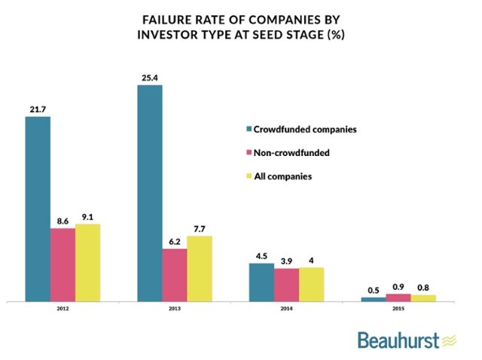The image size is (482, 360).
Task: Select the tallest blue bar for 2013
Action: tap(149, 193)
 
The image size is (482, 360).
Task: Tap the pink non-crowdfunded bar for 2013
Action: tap(174, 275)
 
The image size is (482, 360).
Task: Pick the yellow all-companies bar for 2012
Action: tap(87, 262)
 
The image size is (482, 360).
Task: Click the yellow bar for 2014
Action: tap(311, 284)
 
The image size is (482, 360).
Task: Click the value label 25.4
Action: tap(150, 76)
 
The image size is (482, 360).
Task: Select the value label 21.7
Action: tap(38, 108)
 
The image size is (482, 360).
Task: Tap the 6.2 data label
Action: tap(174, 240)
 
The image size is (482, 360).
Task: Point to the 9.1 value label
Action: tap(87, 215)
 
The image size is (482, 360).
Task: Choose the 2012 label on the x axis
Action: tap(63, 310)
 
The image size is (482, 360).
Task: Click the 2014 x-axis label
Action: tap(285, 310)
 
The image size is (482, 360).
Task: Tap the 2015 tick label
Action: tap(398, 310)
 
